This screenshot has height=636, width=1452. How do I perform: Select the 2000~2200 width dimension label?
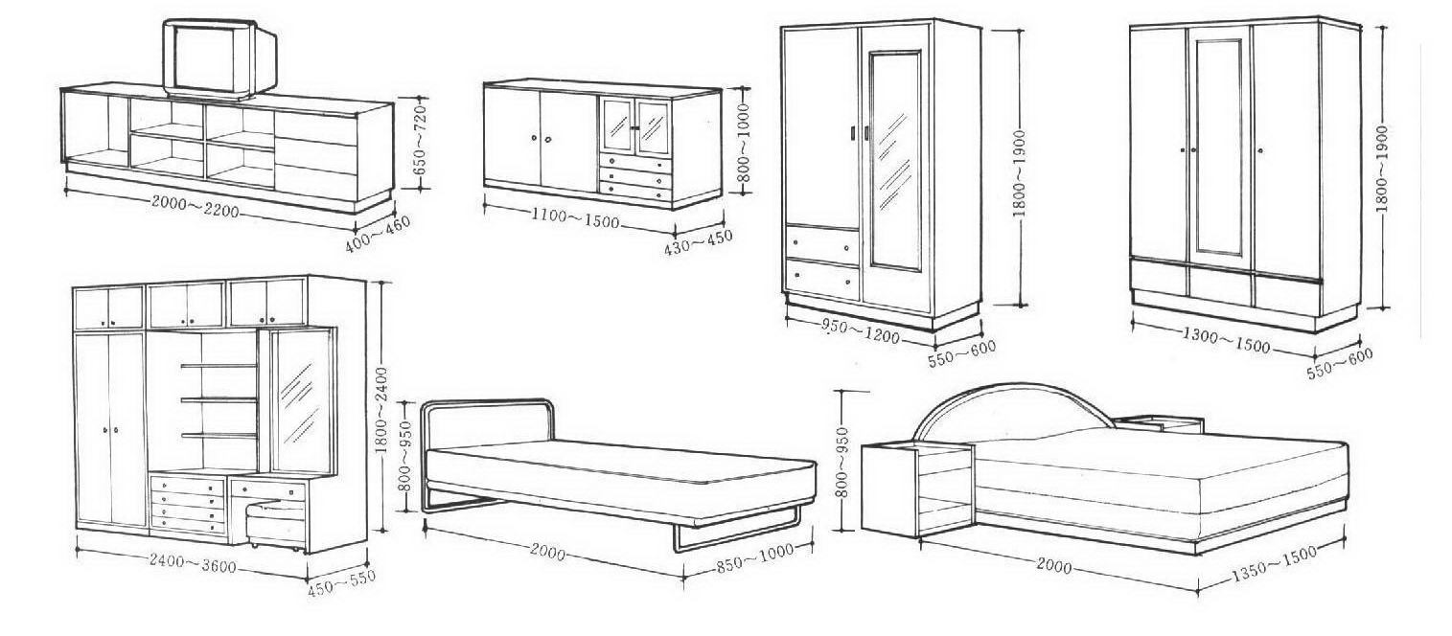pyautogui.click(x=195, y=205)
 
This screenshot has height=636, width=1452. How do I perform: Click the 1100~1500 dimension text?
pyautogui.click(x=574, y=218)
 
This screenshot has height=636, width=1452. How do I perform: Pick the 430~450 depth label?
pyautogui.click(x=698, y=242)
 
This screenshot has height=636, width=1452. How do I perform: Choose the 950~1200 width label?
pyautogui.click(x=860, y=330)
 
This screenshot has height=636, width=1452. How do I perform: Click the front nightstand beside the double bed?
pyautogui.click(x=915, y=488)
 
